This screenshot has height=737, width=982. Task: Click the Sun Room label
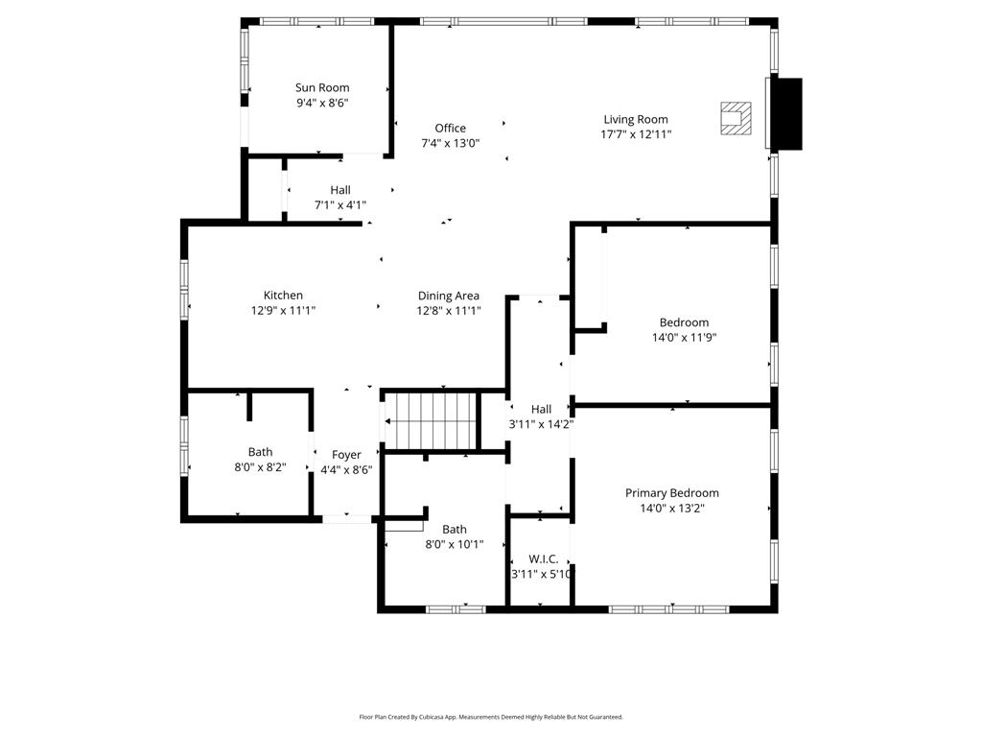click(x=322, y=88)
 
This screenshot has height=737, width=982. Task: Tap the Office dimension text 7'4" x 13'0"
click(x=450, y=143)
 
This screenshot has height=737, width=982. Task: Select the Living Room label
click(x=636, y=120)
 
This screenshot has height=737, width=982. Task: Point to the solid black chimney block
click(x=787, y=113)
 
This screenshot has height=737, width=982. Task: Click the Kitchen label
click(x=283, y=296)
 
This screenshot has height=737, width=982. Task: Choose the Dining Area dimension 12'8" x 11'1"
click(x=449, y=311)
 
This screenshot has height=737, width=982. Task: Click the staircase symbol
click(x=431, y=420)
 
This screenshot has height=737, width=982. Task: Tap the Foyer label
click(x=346, y=455)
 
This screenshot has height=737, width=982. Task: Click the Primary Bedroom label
click(x=671, y=493)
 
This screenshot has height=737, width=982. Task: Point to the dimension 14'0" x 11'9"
click(x=684, y=338)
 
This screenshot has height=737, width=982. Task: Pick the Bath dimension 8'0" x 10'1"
click(x=455, y=544)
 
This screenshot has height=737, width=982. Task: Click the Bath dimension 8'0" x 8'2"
click(x=260, y=467)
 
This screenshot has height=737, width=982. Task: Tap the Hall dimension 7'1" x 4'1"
click(x=340, y=205)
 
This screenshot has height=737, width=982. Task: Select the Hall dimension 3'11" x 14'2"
click(x=541, y=424)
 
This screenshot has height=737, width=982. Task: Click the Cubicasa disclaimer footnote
click(x=491, y=717)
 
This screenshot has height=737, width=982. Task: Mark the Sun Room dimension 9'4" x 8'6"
click(x=322, y=103)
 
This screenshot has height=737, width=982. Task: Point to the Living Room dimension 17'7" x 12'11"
click(x=636, y=135)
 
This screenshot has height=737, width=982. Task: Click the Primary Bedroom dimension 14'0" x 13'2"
click(x=671, y=509)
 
